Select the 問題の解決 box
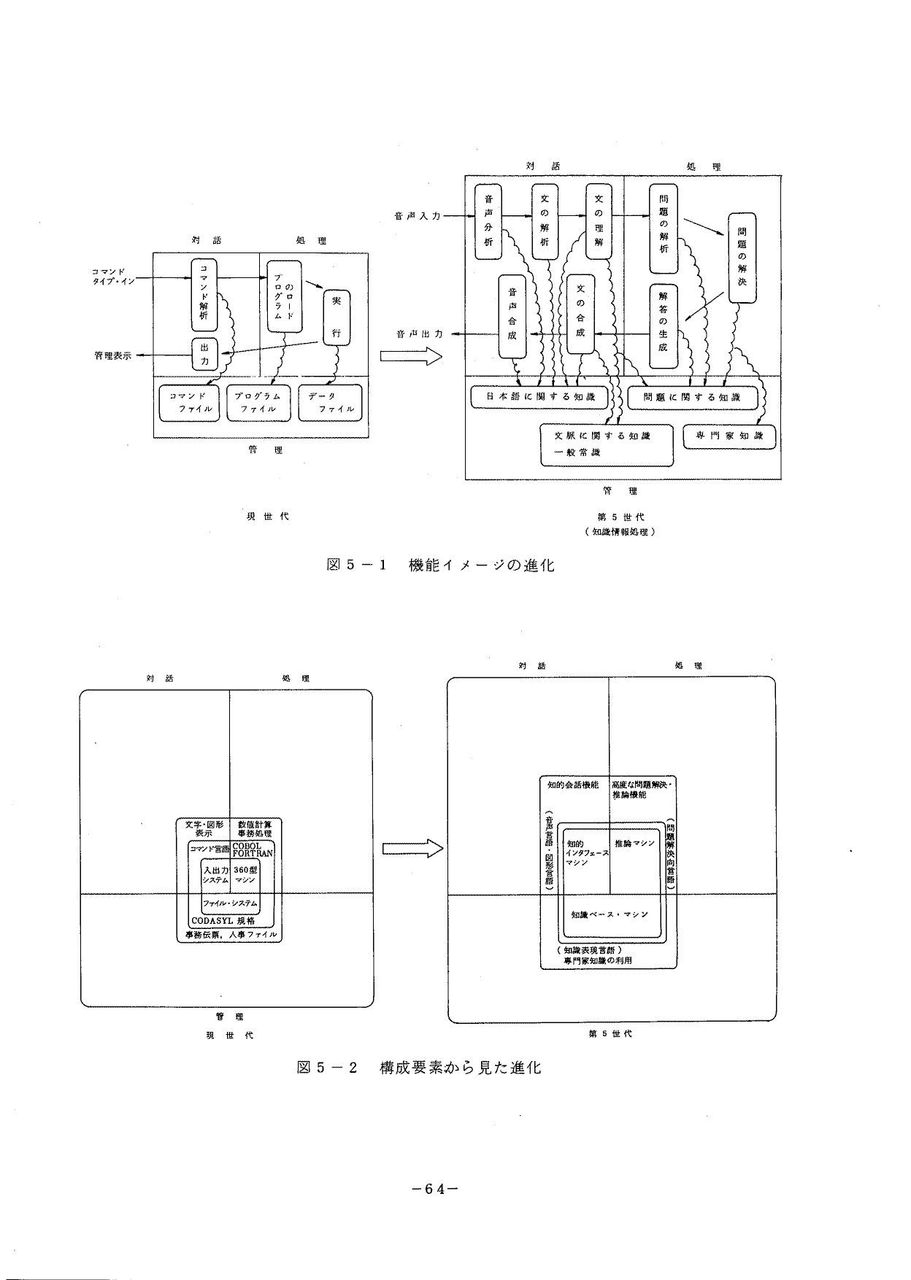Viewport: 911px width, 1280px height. click(742, 257)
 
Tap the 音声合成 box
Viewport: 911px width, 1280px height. click(512, 315)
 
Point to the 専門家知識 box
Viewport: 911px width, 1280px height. click(729, 436)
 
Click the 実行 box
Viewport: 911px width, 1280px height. click(337, 317)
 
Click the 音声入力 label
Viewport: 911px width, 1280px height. click(417, 216)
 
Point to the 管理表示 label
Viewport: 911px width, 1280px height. click(113, 356)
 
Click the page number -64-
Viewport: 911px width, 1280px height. click(435, 1188)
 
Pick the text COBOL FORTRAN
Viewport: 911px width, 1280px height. click(253, 849)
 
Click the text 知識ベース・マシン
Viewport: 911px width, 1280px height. click(610, 914)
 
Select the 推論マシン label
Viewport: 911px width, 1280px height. click(635, 844)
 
